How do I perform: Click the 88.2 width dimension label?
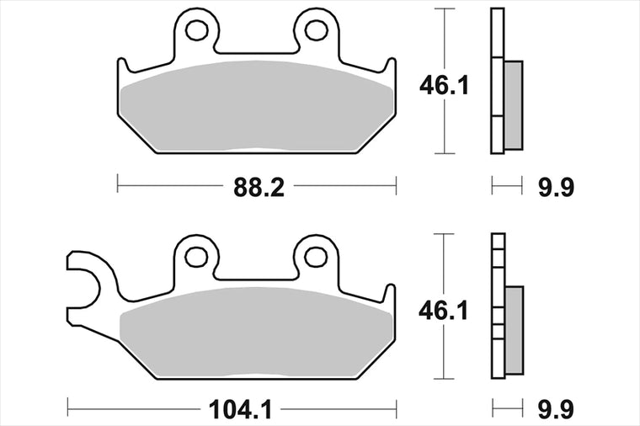(259, 188)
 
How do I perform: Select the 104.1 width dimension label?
(240, 409)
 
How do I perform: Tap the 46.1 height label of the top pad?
(444, 86)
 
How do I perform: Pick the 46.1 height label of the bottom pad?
(444, 311)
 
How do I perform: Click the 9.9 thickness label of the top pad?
(556, 188)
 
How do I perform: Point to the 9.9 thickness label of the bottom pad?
(556, 409)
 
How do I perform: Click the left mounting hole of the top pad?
(197, 29)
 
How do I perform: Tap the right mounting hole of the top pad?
(317, 29)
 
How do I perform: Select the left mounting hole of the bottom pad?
(196, 256)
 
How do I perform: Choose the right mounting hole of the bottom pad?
(316, 256)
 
